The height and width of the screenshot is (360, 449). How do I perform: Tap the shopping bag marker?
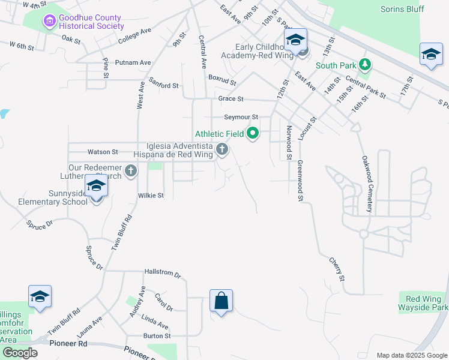pos(221,300)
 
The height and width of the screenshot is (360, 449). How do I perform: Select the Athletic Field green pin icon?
pos(253,134)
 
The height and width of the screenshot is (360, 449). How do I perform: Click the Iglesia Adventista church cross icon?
pos(222,149)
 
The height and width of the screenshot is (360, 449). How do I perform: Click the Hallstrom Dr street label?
pos(163,274)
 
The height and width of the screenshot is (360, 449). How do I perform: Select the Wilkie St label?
pos(151,196)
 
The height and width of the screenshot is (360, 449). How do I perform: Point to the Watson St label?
pos(103,152)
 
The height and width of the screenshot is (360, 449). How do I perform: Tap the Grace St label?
pos(231,98)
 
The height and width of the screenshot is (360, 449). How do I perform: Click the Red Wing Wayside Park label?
pos(423,304)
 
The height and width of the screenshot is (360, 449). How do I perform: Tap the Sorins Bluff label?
pos(402,9)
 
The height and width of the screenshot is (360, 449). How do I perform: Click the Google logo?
pos(20,352)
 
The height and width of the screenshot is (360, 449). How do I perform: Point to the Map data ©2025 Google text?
pos(411,355)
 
